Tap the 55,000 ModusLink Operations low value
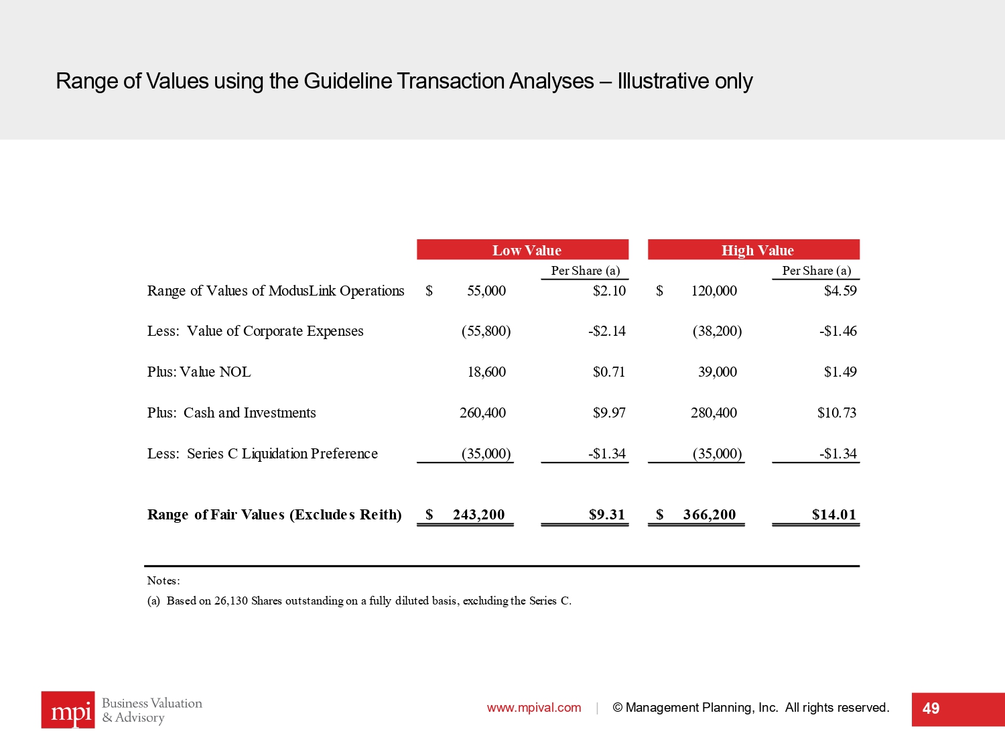pos(486,291)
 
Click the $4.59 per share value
pos(840,291)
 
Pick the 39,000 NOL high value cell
pos(717,372)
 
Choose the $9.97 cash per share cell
pos(609,413)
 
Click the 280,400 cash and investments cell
pos(714,413)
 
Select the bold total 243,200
pos(478,515)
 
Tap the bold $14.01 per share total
pos(833,515)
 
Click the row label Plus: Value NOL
pos(199,372)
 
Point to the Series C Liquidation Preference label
pos(282,454)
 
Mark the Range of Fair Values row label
pos(274,515)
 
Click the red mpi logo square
pos(68,710)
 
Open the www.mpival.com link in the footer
pos(534,708)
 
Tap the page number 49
pos(931,709)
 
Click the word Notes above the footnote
pos(163,580)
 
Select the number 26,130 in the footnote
pos(230,601)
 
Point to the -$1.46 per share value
pos(837,331)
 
